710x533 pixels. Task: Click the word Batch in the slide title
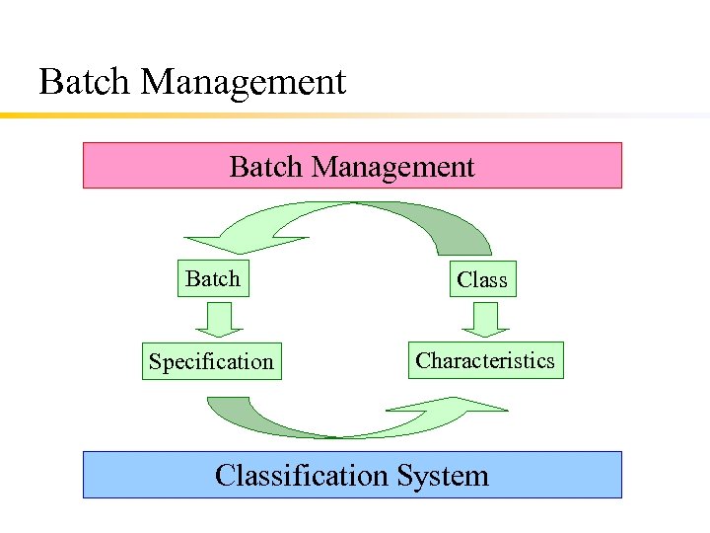86,81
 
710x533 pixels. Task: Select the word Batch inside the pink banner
266,167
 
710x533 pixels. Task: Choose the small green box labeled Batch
213,279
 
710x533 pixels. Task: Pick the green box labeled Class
482,280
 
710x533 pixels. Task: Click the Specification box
211,361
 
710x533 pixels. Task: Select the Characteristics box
485,360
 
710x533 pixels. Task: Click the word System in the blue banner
443,476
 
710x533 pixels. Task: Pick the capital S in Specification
155,361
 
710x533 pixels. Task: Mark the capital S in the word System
405,476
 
